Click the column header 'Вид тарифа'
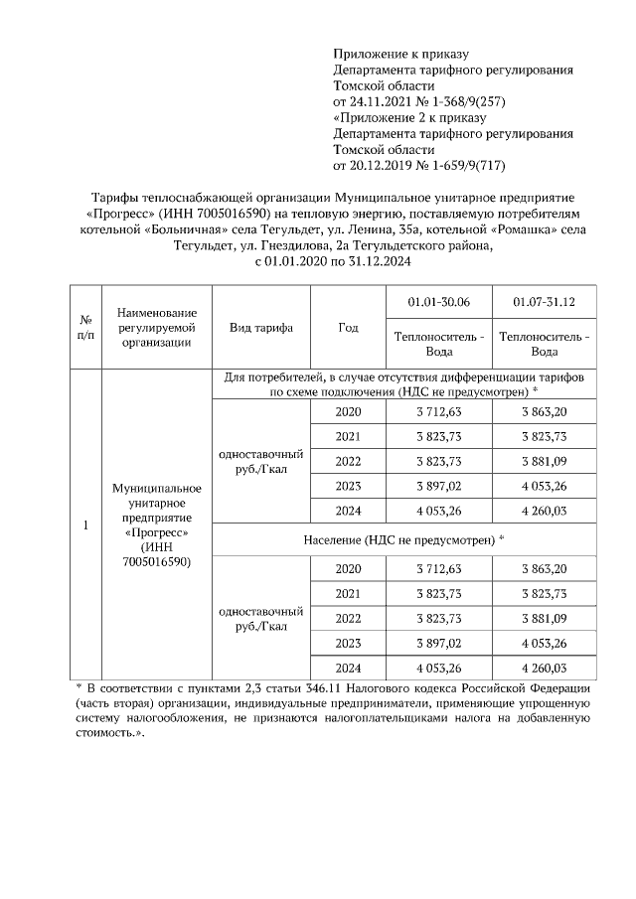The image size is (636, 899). [260, 328]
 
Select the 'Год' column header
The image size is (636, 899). [348, 328]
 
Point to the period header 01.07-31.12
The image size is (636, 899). [544, 302]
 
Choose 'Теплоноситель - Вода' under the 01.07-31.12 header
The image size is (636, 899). [544, 344]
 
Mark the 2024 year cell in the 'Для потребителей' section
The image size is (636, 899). [348, 512]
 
